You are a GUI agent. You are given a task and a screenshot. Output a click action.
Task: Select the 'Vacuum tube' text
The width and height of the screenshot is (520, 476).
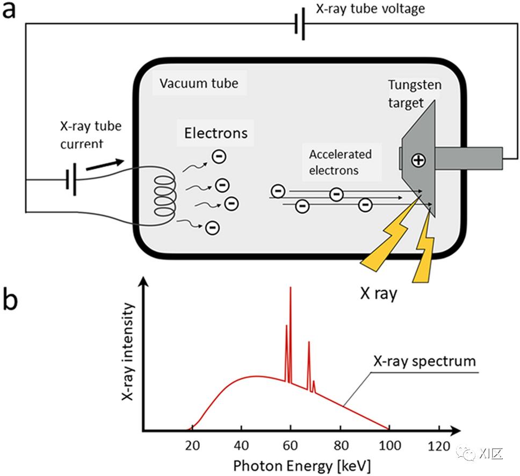198,84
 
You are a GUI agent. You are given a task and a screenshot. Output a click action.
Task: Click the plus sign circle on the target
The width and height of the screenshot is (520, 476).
418,160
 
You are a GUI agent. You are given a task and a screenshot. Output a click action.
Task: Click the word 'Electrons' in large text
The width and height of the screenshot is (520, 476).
216,133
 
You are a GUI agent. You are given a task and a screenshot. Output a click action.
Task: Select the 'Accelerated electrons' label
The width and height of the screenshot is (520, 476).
340,162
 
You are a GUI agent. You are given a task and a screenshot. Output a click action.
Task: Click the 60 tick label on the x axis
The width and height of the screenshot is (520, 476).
291,445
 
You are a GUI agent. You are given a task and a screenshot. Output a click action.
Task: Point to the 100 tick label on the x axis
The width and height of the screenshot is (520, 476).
389,445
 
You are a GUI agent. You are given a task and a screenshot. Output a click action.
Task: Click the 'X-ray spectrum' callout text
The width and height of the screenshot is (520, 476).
424,360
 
